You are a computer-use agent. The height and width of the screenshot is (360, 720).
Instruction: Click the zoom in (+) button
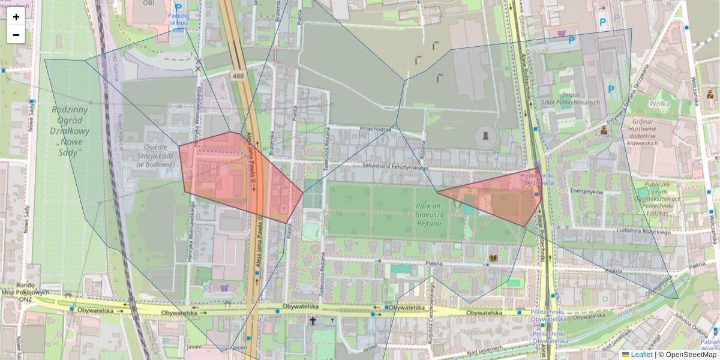coord(16,17)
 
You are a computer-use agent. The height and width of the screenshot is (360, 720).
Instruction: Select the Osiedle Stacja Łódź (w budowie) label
coord(143,155)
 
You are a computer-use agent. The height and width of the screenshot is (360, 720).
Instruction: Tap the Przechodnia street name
coord(376,128)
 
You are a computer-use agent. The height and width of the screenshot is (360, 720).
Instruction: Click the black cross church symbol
coord(312,321)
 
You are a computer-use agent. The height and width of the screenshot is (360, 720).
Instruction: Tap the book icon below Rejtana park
coord(493,258)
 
